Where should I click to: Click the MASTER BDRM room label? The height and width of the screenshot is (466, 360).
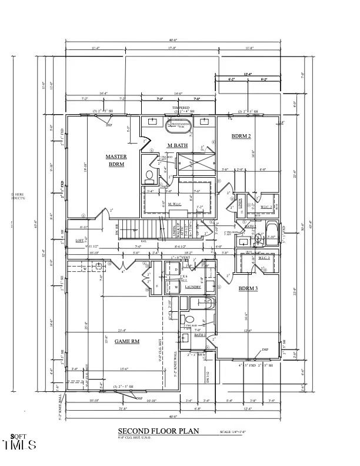[116, 160]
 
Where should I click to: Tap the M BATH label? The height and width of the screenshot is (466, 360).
[178, 145]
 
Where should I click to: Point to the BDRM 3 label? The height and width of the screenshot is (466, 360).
[248, 288]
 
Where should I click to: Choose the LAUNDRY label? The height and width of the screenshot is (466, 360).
[193, 287]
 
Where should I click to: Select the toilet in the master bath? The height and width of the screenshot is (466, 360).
[149, 175]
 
